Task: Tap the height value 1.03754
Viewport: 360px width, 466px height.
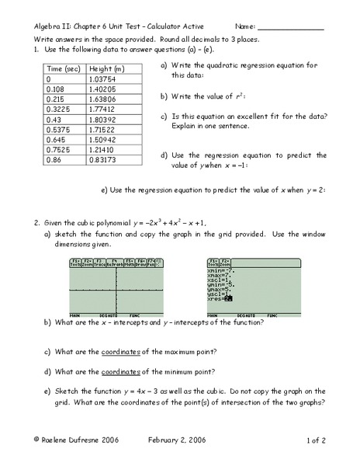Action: click(110, 79)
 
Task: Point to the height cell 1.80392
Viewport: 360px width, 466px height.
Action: click(110, 122)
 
